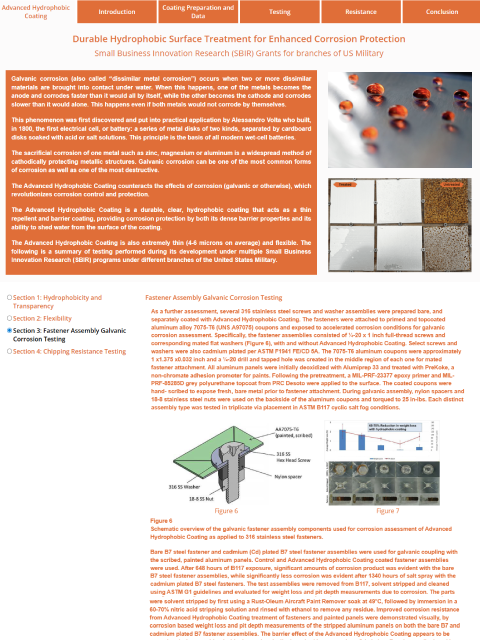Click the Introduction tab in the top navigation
(x=117, y=12)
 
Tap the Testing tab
(x=279, y=12)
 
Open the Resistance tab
(x=360, y=12)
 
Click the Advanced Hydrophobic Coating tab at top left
(x=37, y=12)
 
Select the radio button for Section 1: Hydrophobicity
(x=10, y=298)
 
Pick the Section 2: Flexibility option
(x=10, y=315)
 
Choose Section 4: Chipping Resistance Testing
(x=10, y=351)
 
